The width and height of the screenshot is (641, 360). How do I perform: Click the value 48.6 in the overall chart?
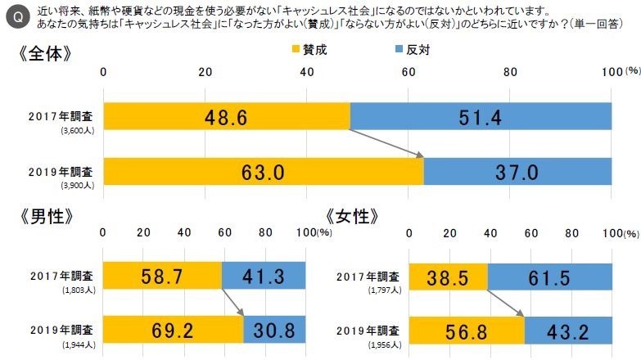pyautogui.click(x=226, y=117)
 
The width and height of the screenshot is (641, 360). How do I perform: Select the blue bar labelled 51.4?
pyautogui.click(x=481, y=117)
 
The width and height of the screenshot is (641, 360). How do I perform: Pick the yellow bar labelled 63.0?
pyautogui.click(x=263, y=173)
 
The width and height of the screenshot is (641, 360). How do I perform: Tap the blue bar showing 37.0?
pyautogui.click(x=518, y=173)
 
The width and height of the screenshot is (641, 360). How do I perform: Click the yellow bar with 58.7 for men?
pyautogui.click(x=162, y=276)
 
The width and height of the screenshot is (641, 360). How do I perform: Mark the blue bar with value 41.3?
pyautogui.click(x=264, y=276)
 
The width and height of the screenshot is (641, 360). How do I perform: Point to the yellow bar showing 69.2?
pyautogui.click(x=173, y=331)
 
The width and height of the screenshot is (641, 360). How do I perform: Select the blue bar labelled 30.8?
pyautogui.click(x=274, y=331)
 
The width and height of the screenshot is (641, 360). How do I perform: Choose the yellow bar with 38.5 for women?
pyautogui.click(x=448, y=276)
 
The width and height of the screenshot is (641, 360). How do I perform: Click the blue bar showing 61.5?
pyautogui.click(x=550, y=276)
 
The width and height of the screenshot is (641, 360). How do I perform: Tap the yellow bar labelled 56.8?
pyautogui.click(x=467, y=331)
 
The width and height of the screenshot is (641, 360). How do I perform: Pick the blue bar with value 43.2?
pyautogui.click(x=568, y=331)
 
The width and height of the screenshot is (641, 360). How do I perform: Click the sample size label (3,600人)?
pyautogui.click(x=77, y=130)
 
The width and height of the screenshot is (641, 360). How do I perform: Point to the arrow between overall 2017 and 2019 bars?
pyautogui.click(x=386, y=144)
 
